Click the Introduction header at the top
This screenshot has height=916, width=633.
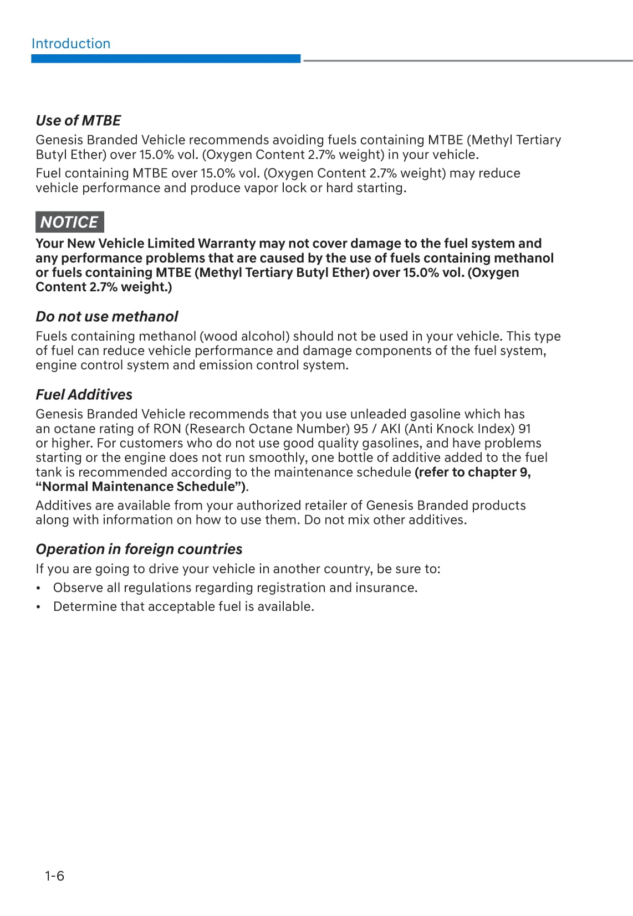[x=71, y=44]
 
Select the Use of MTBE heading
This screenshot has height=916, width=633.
[x=78, y=120]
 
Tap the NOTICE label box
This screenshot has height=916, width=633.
[x=69, y=222]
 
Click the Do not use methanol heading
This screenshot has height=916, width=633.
[x=107, y=316]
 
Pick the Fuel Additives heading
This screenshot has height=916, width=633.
[x=84, y=394]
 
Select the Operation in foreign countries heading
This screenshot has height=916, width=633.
[x=139, y=549]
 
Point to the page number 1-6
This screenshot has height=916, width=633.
[x=55, y=876]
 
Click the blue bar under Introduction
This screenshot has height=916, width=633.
[x=166, y=59]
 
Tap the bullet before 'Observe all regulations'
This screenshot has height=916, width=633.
[x=38, y=588]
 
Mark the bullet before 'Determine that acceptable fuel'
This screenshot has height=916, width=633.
[x=38, y=607]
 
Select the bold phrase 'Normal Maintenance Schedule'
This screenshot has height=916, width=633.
[x=140, y=487]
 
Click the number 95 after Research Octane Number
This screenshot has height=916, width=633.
[x=361, y=429]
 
